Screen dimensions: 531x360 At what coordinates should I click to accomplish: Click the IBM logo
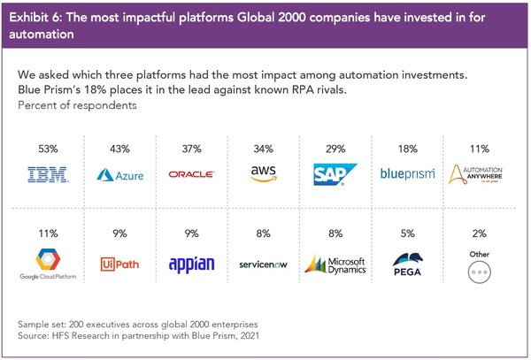click(48, 174)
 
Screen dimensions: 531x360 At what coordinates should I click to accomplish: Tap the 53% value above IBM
click(48, 149)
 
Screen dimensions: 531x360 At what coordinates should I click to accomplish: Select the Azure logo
click(119, 175)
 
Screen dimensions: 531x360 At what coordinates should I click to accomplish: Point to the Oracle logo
click(191, 174)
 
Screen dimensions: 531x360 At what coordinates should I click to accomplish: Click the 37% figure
click(192, 149)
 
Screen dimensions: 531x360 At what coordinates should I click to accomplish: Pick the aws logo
click(264, 173)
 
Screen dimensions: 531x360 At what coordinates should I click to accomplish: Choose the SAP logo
click(335, 174)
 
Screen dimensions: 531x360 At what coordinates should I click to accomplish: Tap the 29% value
click(335, 149)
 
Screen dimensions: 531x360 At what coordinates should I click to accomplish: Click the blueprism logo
click(407, 174)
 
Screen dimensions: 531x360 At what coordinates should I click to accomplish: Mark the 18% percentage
click(408, 149)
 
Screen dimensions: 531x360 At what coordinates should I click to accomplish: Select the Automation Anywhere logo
click(475, 174)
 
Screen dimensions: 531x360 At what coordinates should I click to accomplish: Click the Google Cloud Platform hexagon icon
click(48, 259)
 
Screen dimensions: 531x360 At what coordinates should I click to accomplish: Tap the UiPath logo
click(119, 264)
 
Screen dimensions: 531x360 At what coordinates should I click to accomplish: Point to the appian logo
click(192, 264)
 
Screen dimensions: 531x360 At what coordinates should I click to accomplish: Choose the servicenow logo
click(263, 264)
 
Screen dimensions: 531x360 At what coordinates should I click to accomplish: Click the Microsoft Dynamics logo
click(335, 264)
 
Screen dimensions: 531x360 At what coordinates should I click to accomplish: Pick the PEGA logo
click(408, 264)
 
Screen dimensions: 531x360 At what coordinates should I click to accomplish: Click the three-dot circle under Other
click(480, 272)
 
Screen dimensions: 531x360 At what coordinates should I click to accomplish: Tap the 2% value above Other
click(480, 234)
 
